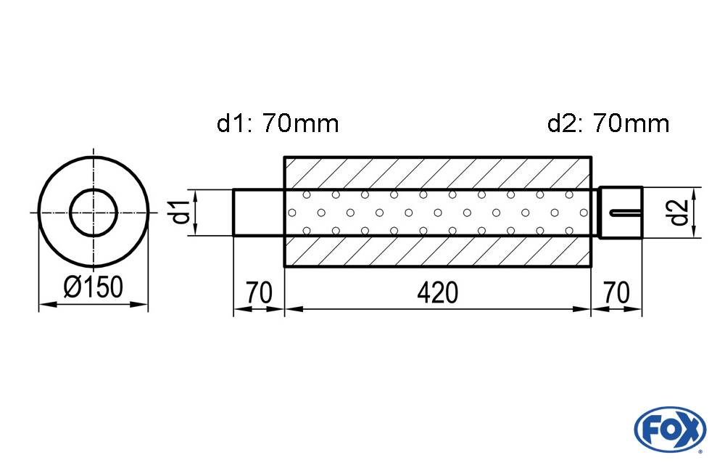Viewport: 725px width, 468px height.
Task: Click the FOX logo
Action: [670, 429]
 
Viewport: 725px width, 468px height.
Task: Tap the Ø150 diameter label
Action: [94, 287]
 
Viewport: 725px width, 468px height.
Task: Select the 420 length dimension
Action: [437, 292]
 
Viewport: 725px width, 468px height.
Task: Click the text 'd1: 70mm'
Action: [278, 123]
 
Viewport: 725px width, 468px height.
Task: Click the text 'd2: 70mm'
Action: [608, 123]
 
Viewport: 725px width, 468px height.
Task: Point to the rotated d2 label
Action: [679, 213]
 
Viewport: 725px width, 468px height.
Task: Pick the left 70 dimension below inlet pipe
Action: [259, 292]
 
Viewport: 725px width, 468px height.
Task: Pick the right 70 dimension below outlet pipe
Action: [616, 292]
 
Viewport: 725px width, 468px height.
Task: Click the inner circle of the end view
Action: [94, 213]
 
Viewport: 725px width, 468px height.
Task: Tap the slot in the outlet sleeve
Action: [626, 213]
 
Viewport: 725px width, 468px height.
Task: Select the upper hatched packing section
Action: [437, 173]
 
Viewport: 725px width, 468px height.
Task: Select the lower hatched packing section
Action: [437, 251]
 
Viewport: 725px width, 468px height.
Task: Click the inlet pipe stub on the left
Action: [259, 213]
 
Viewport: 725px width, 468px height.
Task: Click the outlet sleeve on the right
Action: [621, 213]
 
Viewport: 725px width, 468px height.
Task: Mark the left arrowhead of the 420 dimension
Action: [294, 309]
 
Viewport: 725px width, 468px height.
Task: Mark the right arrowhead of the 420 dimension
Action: [581, 309]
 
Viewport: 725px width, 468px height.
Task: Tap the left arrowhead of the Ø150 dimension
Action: [48, 305]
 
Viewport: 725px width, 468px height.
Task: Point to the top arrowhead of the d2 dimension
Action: [694, 196]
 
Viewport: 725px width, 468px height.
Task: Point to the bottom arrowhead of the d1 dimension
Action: [196, 227]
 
